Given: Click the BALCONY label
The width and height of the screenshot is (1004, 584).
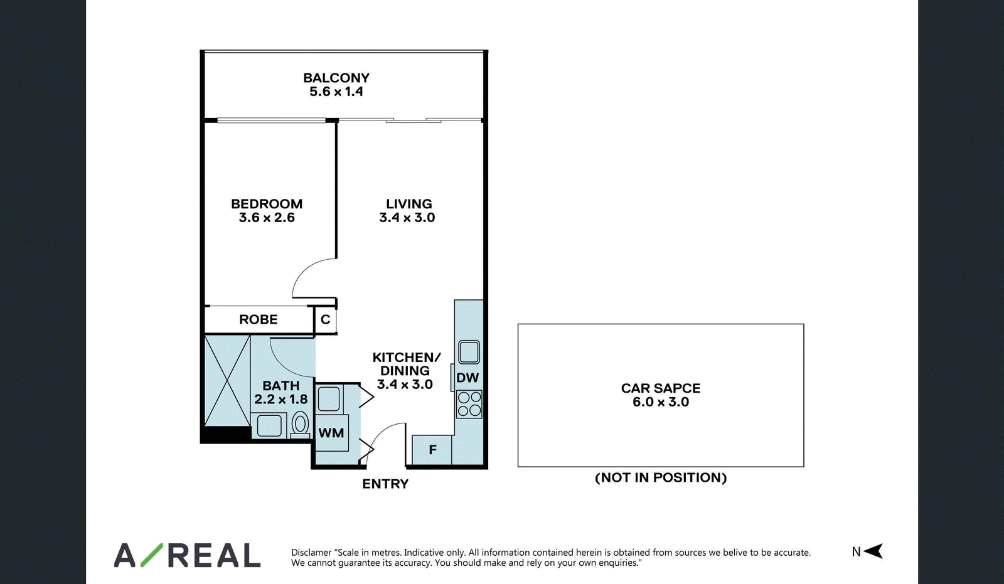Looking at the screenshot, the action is coord(336,78).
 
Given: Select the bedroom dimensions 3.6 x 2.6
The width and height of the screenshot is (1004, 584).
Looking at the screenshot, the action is coord(267,218).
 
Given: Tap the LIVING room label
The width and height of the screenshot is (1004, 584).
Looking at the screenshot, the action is coord(409,204).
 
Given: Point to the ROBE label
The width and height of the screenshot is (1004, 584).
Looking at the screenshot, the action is coord(258,319).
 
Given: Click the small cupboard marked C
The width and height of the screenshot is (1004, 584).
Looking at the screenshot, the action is coord(326,319).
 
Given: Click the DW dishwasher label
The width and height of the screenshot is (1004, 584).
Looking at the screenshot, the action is coord(467,378).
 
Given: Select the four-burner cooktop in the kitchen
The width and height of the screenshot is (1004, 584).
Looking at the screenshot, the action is coord(469,404).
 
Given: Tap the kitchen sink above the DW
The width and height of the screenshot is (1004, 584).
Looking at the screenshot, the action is coord(469,352).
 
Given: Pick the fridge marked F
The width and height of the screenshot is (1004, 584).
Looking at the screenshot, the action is coord(432,450).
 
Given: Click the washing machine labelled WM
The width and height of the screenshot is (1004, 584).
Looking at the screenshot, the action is coord(331,433).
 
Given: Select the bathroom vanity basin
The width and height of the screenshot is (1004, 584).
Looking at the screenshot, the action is coord(269,425).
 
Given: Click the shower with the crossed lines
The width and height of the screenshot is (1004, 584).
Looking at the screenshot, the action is coord(227,380).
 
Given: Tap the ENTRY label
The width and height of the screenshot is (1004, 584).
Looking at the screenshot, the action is coord(385,484).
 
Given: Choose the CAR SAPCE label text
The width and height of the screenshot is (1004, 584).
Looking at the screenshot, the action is coord(661,388).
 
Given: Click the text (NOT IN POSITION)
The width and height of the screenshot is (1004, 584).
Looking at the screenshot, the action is coord(661,478).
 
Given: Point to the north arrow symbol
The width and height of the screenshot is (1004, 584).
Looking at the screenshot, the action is coord(873,551).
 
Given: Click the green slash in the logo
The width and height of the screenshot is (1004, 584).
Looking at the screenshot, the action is coord(151,555).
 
